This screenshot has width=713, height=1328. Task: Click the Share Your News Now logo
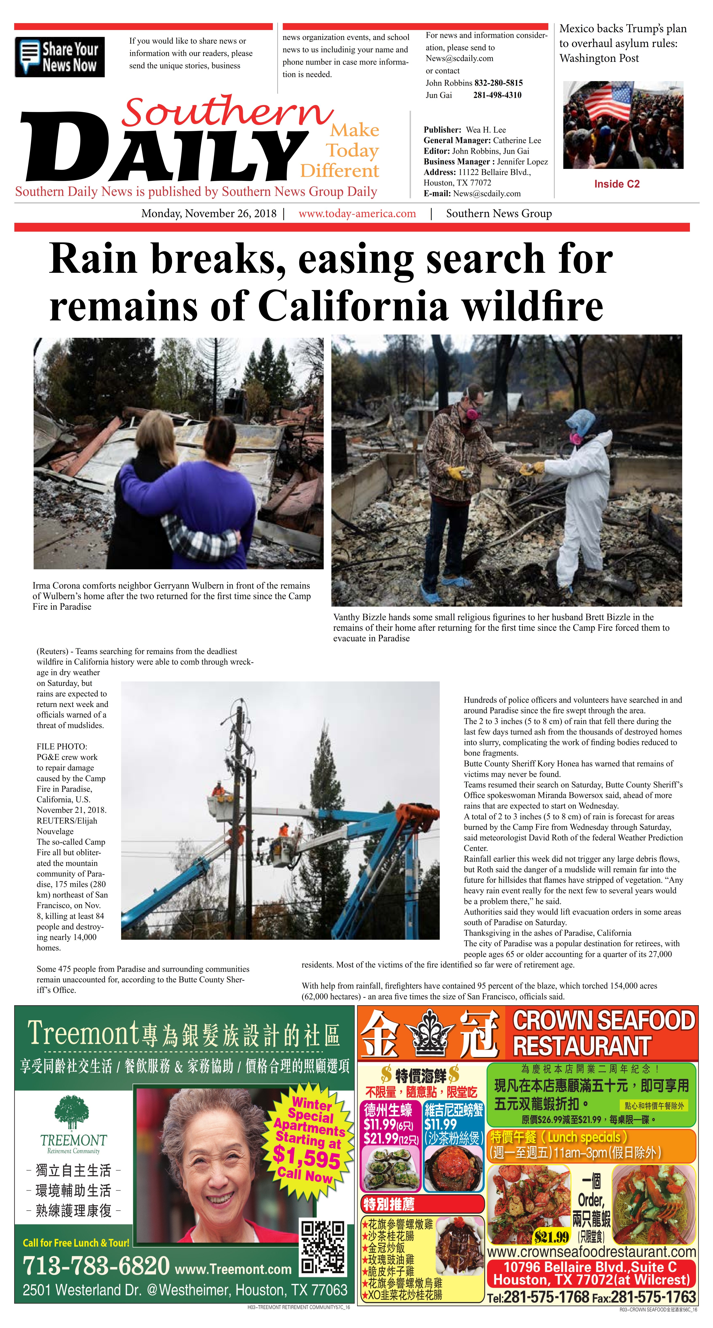point(60,57)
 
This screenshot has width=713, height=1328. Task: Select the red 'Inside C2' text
point(617,184)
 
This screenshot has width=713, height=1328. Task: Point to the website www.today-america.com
point(357,213)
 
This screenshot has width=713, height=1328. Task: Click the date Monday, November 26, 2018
point(209,213)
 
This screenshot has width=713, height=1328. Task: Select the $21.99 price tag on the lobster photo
point(551,1237)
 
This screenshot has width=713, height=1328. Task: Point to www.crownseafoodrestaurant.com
point(591,1252)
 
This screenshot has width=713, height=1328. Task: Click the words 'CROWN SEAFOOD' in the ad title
point(604,1020)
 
